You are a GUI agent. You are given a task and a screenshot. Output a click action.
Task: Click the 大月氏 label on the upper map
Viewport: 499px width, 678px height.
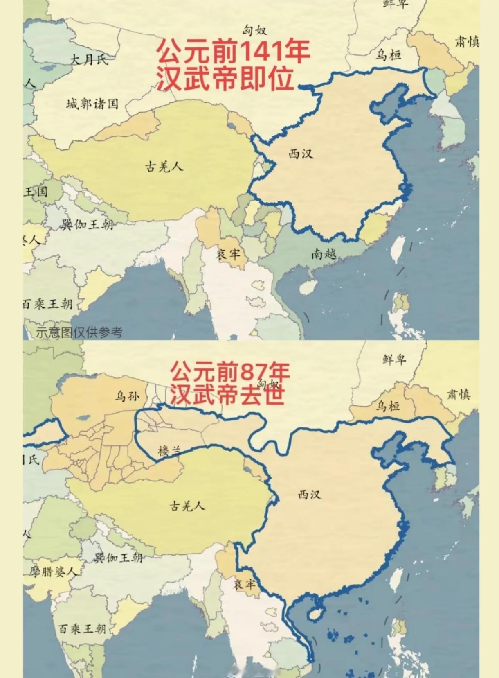click(89, 60)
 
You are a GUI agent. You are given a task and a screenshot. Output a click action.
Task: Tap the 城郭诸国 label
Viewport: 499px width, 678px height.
click(92, 104)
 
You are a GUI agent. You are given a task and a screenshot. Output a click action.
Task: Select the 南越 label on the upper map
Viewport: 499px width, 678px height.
click(324, 254)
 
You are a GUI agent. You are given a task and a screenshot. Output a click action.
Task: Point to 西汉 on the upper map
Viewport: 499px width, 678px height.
click(301, 154)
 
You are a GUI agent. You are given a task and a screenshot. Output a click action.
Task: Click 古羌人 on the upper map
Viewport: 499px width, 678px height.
click(164, 167)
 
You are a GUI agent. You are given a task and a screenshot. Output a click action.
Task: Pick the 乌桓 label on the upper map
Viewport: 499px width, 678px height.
click(388, 55)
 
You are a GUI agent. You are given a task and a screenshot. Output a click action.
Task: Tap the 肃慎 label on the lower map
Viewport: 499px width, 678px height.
click(458, 394)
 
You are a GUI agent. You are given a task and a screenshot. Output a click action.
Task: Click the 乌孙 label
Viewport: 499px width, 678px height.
click(127, 396)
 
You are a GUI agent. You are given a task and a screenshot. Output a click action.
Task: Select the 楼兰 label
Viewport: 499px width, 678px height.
click(169, 451)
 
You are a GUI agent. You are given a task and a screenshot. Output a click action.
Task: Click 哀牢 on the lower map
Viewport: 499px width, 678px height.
click(244, 584)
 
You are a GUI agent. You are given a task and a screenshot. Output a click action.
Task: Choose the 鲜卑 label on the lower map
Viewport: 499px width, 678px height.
click(394, 359)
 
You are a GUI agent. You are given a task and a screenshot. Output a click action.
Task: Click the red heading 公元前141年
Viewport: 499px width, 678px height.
click(233, 52)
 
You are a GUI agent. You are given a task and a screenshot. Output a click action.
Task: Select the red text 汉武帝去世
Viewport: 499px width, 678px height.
click(227, 395)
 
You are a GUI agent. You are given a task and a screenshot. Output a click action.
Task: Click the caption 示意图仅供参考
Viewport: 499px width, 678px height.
click(79, 332)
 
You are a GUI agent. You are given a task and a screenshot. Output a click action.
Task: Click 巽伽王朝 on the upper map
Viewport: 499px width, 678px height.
click(87, 224)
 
